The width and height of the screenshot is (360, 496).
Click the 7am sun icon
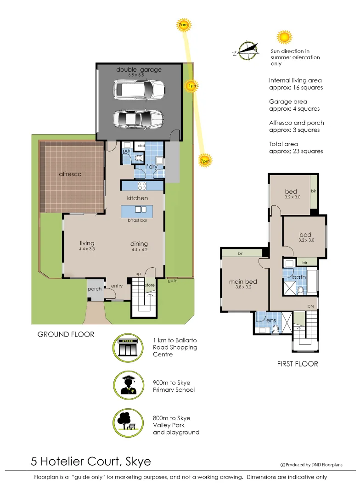183,25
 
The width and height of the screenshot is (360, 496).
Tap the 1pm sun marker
192,86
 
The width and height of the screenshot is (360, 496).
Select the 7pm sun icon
205,160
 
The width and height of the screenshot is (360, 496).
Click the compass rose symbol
247,51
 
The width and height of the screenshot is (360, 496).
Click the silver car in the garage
139,119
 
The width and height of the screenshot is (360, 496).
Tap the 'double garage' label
139,70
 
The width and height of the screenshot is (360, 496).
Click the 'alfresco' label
70,174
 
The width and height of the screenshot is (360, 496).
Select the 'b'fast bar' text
137,220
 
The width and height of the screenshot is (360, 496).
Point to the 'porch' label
95,289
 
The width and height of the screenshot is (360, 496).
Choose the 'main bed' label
243,282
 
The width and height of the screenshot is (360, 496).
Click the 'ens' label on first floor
271,320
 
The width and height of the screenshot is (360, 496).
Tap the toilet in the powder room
139,158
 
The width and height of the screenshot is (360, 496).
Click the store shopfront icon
128,348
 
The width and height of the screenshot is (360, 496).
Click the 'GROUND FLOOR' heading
66,334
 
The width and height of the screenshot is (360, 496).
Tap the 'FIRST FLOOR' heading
297,364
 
